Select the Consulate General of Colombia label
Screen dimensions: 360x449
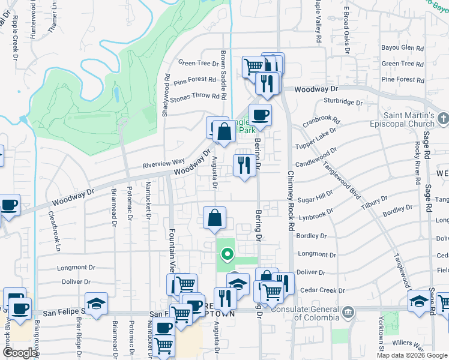point(310,310)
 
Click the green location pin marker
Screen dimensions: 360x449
point(228,254)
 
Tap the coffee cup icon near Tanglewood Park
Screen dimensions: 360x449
point(260,114)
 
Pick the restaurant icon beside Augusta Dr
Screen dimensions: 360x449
point(244,165)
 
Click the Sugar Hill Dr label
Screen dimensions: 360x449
point(315,196)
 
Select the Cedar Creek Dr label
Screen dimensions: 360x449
point(321,290)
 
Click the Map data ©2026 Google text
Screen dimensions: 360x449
point(412,355)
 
